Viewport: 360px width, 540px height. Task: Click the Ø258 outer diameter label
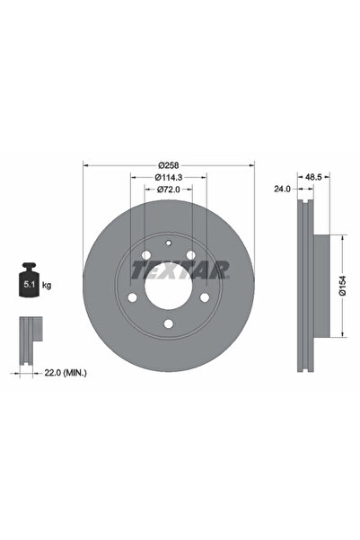click(x=169, y=164)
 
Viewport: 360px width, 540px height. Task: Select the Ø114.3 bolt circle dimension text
click(x=169, y=177)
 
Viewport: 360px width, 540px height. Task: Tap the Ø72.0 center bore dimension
click(x=169, y=190)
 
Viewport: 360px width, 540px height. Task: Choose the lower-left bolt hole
click(x=133, y=297)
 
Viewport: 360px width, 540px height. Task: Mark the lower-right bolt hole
click(x=206, y=297)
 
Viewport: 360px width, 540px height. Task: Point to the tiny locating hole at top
click(x=169, y=243)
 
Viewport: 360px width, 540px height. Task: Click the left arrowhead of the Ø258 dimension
click(x=85, y=164)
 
